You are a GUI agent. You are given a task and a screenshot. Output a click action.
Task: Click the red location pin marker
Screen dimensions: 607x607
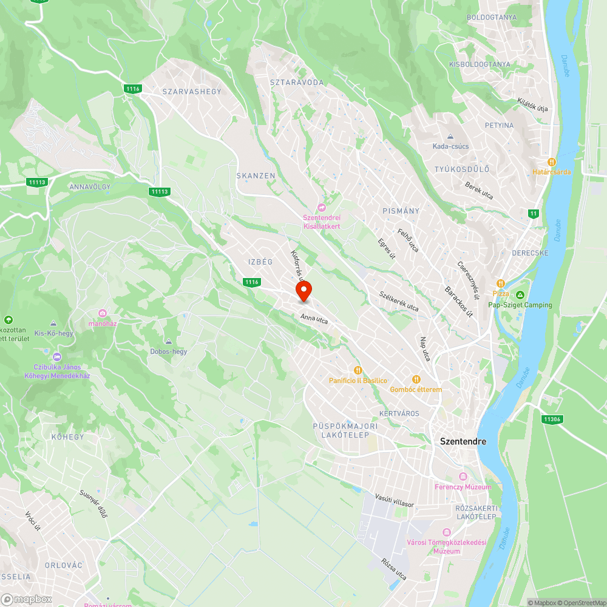point(303,290)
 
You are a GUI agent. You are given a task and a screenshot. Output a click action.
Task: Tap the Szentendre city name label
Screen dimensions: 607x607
point(463,442)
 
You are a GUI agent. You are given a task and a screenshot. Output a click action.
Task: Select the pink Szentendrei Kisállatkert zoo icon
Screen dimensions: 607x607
point(322,208)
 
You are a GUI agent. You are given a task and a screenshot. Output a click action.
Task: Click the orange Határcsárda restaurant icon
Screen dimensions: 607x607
point(552,162)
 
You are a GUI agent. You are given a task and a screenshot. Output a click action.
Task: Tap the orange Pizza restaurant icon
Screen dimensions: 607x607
point(501,283)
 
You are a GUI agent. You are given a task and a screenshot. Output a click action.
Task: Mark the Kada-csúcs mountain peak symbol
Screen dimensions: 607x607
point(450,137)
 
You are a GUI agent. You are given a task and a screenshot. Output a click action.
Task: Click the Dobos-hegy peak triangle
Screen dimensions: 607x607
point(169,342)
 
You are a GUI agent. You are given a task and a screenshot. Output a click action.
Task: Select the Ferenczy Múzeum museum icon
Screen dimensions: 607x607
point(463,476)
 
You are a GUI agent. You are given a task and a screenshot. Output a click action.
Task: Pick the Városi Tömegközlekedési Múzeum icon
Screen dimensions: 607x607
point(447,532)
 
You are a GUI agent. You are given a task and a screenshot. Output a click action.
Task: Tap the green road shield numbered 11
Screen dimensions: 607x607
point(533,213)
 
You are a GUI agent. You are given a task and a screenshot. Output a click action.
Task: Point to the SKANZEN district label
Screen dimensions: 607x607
point(256,175)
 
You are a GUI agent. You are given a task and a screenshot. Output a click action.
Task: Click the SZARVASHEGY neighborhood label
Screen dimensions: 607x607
point(192,92)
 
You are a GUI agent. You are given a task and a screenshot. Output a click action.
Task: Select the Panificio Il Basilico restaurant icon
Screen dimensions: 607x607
point(358,370)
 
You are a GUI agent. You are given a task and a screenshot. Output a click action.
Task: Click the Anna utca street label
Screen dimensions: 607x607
point(314,319)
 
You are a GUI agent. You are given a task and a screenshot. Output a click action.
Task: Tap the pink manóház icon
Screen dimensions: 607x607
point(103,313)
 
